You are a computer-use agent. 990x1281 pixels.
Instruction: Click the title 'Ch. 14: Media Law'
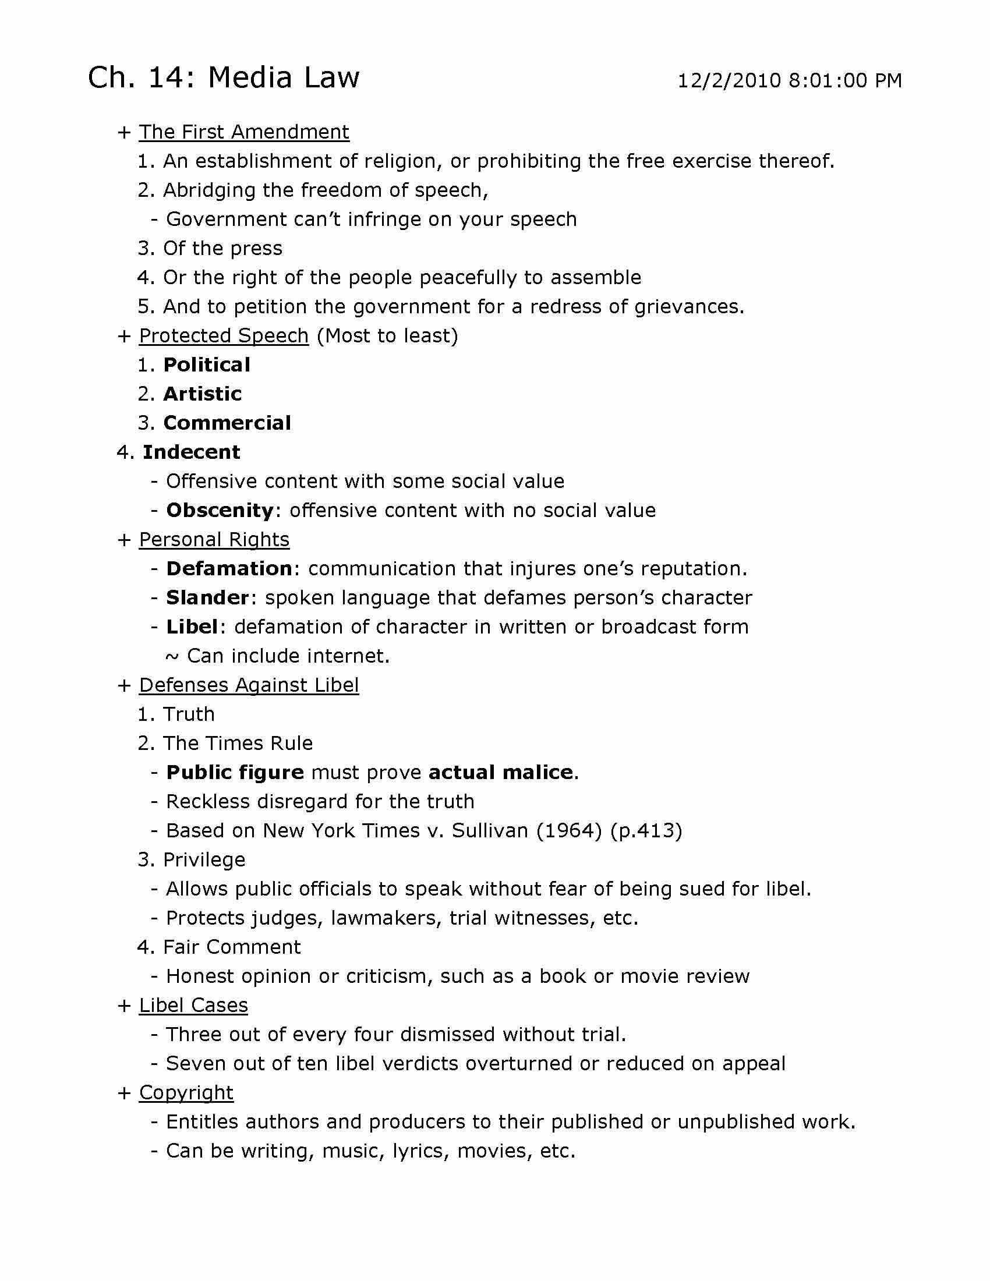[224, 78]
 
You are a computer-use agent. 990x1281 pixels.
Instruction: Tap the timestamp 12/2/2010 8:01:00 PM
[789, 81]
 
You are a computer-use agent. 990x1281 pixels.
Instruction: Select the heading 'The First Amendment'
[244, 132]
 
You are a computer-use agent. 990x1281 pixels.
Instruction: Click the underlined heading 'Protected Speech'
[224, 335]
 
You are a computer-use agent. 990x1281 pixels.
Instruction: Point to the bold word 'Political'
[207, 365]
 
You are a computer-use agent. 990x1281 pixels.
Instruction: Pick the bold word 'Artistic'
[202, 394]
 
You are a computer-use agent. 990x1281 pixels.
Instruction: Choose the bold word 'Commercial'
[227, 423]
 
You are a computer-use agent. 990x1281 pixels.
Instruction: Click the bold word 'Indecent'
[191, 452]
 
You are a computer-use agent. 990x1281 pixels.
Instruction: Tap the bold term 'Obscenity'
[220, 510]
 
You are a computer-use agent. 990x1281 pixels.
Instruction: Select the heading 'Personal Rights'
[214, 540]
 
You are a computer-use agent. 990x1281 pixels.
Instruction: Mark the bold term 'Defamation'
[229, 568]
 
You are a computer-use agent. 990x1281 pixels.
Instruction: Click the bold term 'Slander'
[208, 597]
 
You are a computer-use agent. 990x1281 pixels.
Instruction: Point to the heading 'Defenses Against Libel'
[249, 685]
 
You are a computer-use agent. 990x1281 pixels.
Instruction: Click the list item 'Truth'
[189, 714]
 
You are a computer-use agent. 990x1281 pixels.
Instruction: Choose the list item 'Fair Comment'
[232, 947]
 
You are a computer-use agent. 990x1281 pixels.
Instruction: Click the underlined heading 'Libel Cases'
[193, 1006]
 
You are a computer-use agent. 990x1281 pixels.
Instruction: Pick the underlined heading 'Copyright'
[186, 1093]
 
